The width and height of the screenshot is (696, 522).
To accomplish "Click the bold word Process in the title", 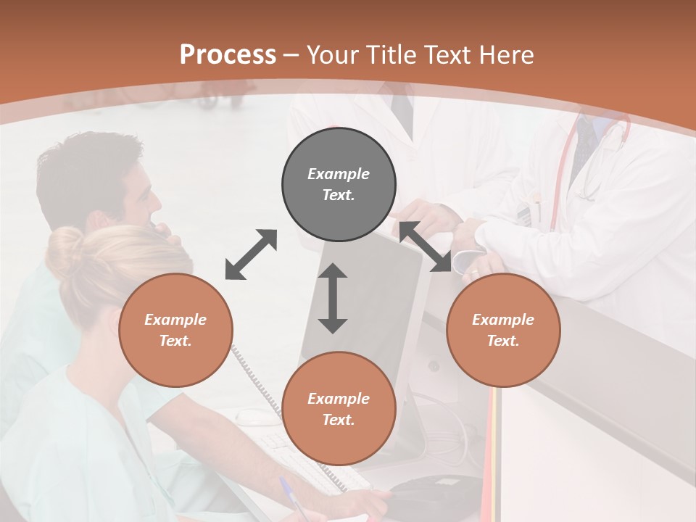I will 228,55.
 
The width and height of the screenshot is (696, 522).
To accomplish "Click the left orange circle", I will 175,330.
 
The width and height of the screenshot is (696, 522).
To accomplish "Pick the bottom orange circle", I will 339,409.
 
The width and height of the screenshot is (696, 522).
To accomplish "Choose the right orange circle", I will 502,330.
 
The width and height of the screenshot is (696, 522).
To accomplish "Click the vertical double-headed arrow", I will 333,298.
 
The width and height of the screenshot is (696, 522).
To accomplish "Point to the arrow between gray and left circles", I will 251,254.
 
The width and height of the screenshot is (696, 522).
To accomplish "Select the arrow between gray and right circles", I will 426,247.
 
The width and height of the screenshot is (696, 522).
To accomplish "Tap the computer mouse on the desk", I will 257,417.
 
